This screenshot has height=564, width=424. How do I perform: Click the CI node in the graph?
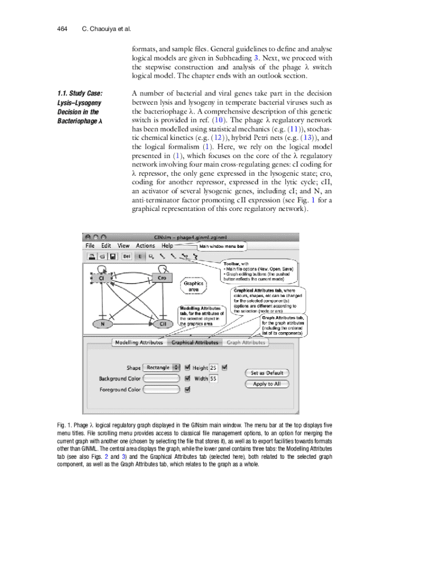tap(101, 279)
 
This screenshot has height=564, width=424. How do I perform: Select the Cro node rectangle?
tap(162, 278)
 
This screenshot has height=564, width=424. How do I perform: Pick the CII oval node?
tap(163, 324)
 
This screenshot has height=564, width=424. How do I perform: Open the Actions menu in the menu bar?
tap(145, 246)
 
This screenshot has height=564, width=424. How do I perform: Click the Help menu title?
tap(167, 246)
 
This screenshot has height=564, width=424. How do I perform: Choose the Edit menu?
tap(106, 246)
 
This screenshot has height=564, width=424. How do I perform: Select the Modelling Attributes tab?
tap(138, 342)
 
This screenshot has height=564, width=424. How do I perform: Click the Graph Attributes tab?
tap(246, 342)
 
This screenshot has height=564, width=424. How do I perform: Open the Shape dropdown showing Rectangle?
tap(161, 367)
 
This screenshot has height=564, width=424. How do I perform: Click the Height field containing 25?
tap(214, 367)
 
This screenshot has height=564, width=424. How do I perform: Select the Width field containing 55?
tap(214, 378)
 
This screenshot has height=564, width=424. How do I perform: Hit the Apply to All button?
tap(267, 384)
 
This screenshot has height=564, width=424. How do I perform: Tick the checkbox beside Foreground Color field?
tap(188, 389)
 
